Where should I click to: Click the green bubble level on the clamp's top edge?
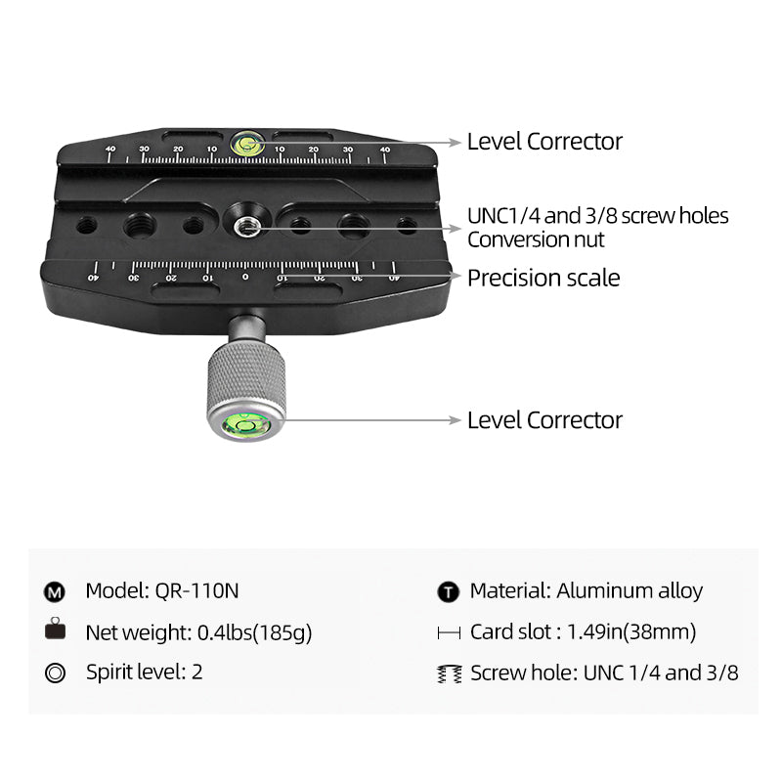point(247,144)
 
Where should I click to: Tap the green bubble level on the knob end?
point(246,425)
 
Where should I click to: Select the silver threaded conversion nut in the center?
point(247,227)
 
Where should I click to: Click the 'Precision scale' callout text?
point(543,278)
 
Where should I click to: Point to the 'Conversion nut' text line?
point(536,239)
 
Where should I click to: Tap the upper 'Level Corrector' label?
point(544,142)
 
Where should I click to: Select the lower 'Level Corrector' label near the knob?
point(544,420)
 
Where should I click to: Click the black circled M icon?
point(55,592)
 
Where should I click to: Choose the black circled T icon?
point(448,592)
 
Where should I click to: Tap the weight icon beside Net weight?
point(55,629)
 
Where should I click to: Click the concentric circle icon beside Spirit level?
point(55,673)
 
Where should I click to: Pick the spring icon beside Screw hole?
point(449,673)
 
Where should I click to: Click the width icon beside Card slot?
point(449,632)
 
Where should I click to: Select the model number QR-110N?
point(196,591)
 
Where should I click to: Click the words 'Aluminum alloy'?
point(630,591)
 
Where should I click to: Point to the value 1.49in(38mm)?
point(631,631)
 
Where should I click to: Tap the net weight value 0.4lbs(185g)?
point(254,632)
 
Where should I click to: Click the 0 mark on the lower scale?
point(245,277)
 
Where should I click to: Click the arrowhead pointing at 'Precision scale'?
point(455,276)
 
